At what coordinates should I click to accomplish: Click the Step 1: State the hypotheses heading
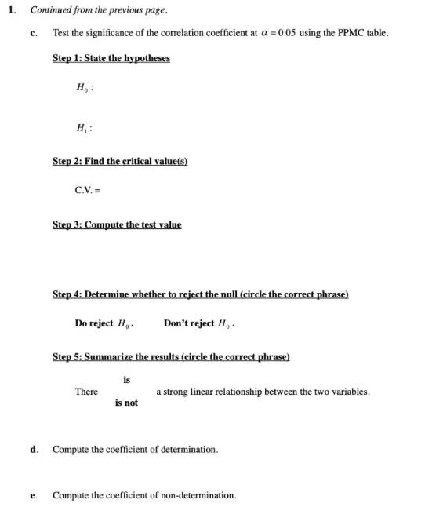coord(111,59)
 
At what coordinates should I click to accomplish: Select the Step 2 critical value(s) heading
coord(119,161)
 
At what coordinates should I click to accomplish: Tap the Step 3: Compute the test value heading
coord(116,225)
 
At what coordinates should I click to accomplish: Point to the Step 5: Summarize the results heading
coord(171,356)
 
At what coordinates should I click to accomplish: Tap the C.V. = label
coord(88,190)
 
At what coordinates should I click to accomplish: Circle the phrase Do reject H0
coord(106,323)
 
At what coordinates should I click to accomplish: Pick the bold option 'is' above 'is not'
coord(127,380)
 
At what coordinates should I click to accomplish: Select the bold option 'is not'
coord(126,403)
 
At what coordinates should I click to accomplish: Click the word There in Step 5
coord(86,392)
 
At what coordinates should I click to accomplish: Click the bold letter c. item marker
coord(33,32)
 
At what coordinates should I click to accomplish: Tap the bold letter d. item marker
coord(33,450)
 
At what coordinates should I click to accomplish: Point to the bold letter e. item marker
coord(33,495)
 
